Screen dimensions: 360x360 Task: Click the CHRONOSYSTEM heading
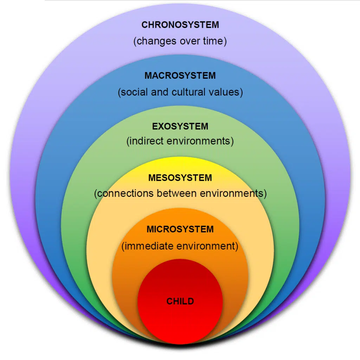180,25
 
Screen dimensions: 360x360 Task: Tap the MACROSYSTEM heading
180,76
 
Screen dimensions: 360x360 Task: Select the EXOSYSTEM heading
180,126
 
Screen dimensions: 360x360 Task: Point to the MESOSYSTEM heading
180,178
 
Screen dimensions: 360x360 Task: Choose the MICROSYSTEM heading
180,229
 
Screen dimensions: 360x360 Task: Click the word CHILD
180,301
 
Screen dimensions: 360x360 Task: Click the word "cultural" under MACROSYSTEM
188,92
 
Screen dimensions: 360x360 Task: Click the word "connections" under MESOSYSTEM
126,193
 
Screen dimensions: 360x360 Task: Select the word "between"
177,193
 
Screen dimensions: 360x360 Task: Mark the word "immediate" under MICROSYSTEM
149,246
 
